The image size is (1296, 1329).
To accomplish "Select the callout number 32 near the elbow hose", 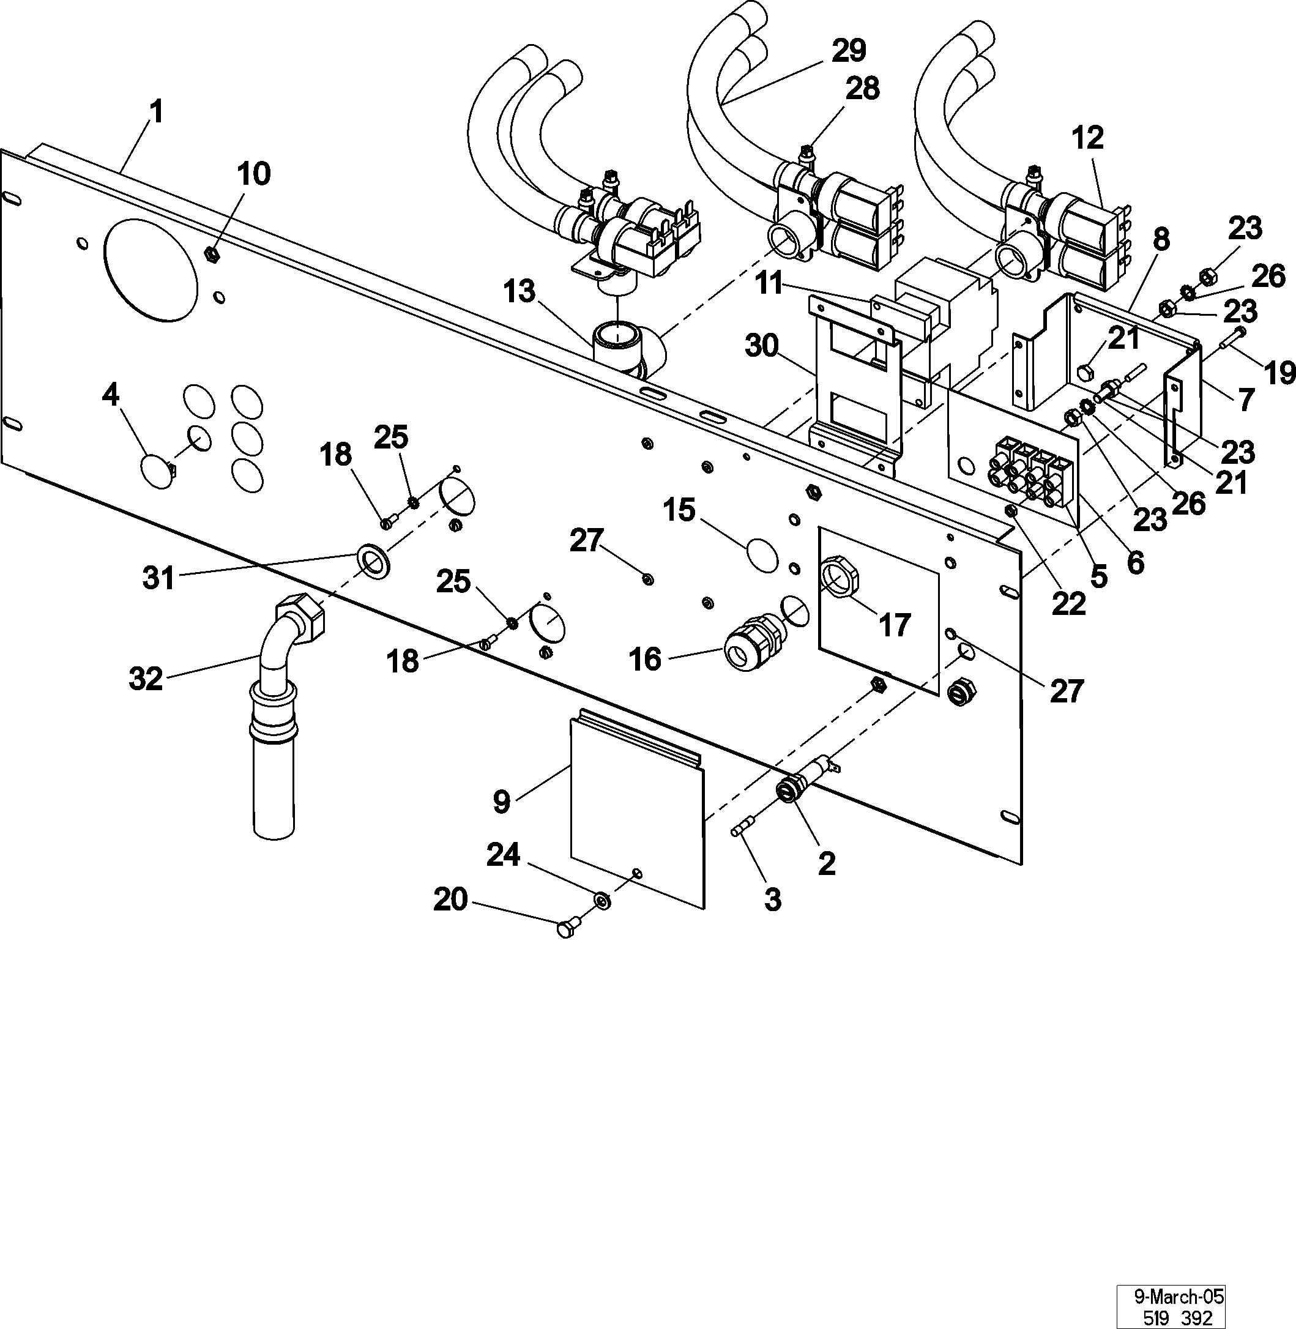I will pyautogui.click(x=146, y=679).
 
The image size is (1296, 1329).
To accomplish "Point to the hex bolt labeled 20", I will pyautogui.click(x=567, y=928).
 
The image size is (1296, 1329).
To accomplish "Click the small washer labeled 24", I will pyautogui.click(x=602, y=901).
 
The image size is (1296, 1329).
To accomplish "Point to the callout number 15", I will pyautogui.click(x=679, y=510).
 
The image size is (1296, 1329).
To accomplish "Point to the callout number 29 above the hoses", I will pyautogui.click(x=848, y=50).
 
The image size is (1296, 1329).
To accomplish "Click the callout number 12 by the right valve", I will pyautogui.click(x=1086, y=138).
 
